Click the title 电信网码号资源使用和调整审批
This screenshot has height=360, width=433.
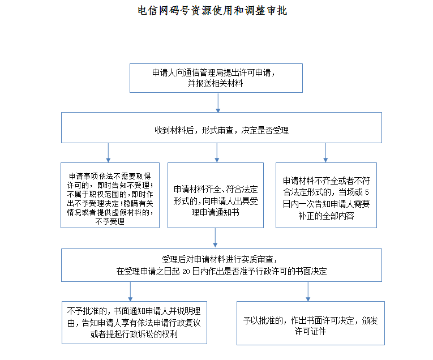[212, 11]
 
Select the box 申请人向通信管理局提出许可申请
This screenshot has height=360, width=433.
[216, 78]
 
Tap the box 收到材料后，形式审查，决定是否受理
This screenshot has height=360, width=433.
[221, 127]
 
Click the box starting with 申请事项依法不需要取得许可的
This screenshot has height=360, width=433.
[110, 195]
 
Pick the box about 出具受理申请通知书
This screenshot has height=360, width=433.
[216, 195]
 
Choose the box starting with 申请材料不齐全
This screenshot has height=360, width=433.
[326, 195]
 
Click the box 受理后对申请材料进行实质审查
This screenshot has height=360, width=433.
[221, 265]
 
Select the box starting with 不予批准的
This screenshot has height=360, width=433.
[135, 323]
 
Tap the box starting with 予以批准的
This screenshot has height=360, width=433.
[311, 323]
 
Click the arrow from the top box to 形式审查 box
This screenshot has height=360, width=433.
[218, 102]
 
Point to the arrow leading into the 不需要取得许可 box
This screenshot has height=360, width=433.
[108, 153]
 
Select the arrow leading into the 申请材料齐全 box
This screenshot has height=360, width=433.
[217, 153]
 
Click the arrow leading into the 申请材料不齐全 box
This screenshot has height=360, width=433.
[325, 153]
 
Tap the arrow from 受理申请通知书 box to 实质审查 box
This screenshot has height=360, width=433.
[215, 238]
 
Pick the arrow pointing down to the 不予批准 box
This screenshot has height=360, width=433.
[130, 292]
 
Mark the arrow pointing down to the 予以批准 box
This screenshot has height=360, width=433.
[308, 292]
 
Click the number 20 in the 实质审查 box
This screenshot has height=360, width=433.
[186, 272]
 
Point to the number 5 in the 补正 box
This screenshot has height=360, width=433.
[367, 192]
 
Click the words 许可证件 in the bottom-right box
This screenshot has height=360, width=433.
[310, 331]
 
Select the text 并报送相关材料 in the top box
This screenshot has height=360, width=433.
[216, 83]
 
